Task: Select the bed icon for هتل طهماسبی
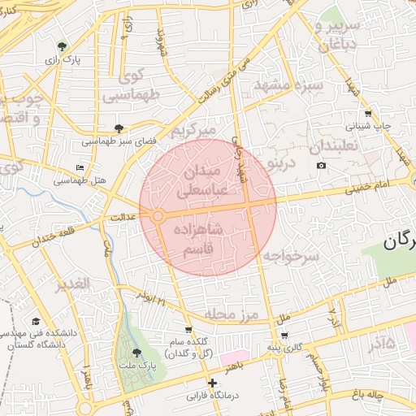pyautogui.click(x=79, y=167)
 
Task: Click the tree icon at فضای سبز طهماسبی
pyautogui.click(x=119, y=128)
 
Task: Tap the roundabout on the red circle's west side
pyautogui.click(x=158, y=215)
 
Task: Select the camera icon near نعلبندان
pyautogui.click(x=321, y=166)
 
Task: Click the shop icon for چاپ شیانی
pyautogui.click(x=368, y=114)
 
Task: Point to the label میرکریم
pyautogui.click(x=194, y=131)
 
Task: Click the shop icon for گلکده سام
pyautogui.click(x=188, y=330)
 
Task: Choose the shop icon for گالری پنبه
pyautogui.click(x=284, y=335)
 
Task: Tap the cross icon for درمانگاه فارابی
pyautogui.click(x=212, y=383)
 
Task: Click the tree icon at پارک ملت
pyautogui.click(x=136, y=352)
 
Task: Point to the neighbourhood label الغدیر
pyautogui.click(x=71, y=285)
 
